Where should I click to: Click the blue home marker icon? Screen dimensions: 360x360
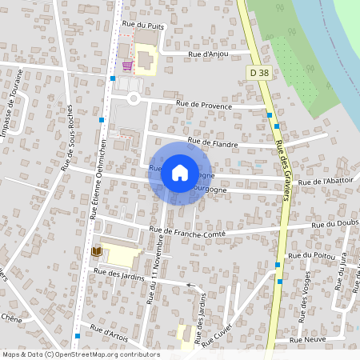pyautogui.click(x=179, y=172)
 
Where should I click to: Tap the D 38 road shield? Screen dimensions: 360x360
pyautogui.click(x=258, y=73)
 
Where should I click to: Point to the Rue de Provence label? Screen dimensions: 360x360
pyautogui.click(x=206, y=106)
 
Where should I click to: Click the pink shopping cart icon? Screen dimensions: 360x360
pyautogui.click(x=126, y=66)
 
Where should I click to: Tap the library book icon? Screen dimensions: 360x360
pyautogui.click(x=98, y=252)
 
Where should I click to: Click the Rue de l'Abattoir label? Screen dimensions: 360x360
pyautogui.click(x=325, y=182)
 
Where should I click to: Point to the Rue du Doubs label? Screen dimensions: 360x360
pyautogui.click(x=335, y=223)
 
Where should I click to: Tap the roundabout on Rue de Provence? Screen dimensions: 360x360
pyautogui.click(x=134, y=98)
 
